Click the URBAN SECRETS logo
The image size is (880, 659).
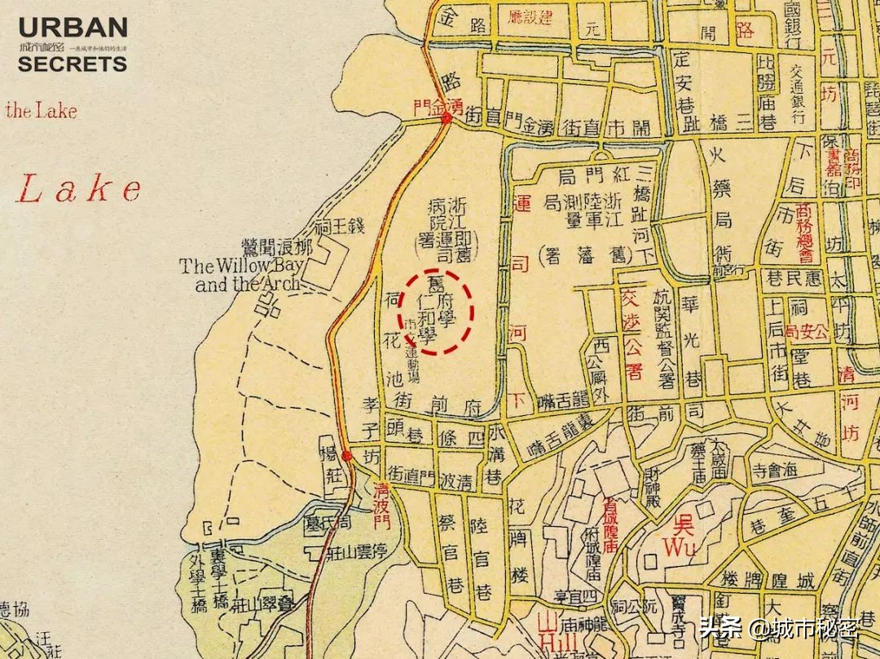tap(73, 45)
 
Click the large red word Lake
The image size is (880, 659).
tap(79, 189)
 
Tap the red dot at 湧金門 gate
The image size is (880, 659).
tap(447, 120)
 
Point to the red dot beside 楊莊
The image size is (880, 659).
tap(346, 456)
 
